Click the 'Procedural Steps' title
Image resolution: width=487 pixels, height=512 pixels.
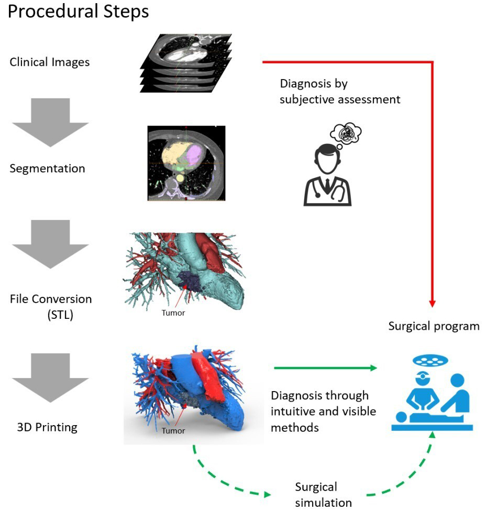point(79,12)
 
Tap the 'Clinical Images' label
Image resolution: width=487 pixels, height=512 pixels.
point(50,62)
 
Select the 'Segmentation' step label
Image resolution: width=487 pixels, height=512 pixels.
point(47,169)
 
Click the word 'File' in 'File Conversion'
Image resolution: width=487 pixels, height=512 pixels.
point(19,299)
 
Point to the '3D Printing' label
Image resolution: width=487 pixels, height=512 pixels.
point(47,427)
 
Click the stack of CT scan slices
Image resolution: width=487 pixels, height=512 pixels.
point(186,63)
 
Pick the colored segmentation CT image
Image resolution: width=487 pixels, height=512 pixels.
point(186,163)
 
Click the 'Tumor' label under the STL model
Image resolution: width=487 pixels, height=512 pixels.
point(173,313)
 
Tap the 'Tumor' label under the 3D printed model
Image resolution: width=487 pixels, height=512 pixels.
point(173,431)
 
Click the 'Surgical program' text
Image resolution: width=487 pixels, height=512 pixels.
point(434,327)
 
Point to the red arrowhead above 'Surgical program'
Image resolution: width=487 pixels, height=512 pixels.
point(433,303)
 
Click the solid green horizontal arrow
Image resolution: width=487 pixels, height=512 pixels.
point(325,369)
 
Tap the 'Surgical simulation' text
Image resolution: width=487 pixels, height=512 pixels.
point(323,495)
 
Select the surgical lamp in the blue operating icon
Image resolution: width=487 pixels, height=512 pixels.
point(430,361)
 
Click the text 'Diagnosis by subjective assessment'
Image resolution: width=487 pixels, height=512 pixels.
point(340,91)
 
